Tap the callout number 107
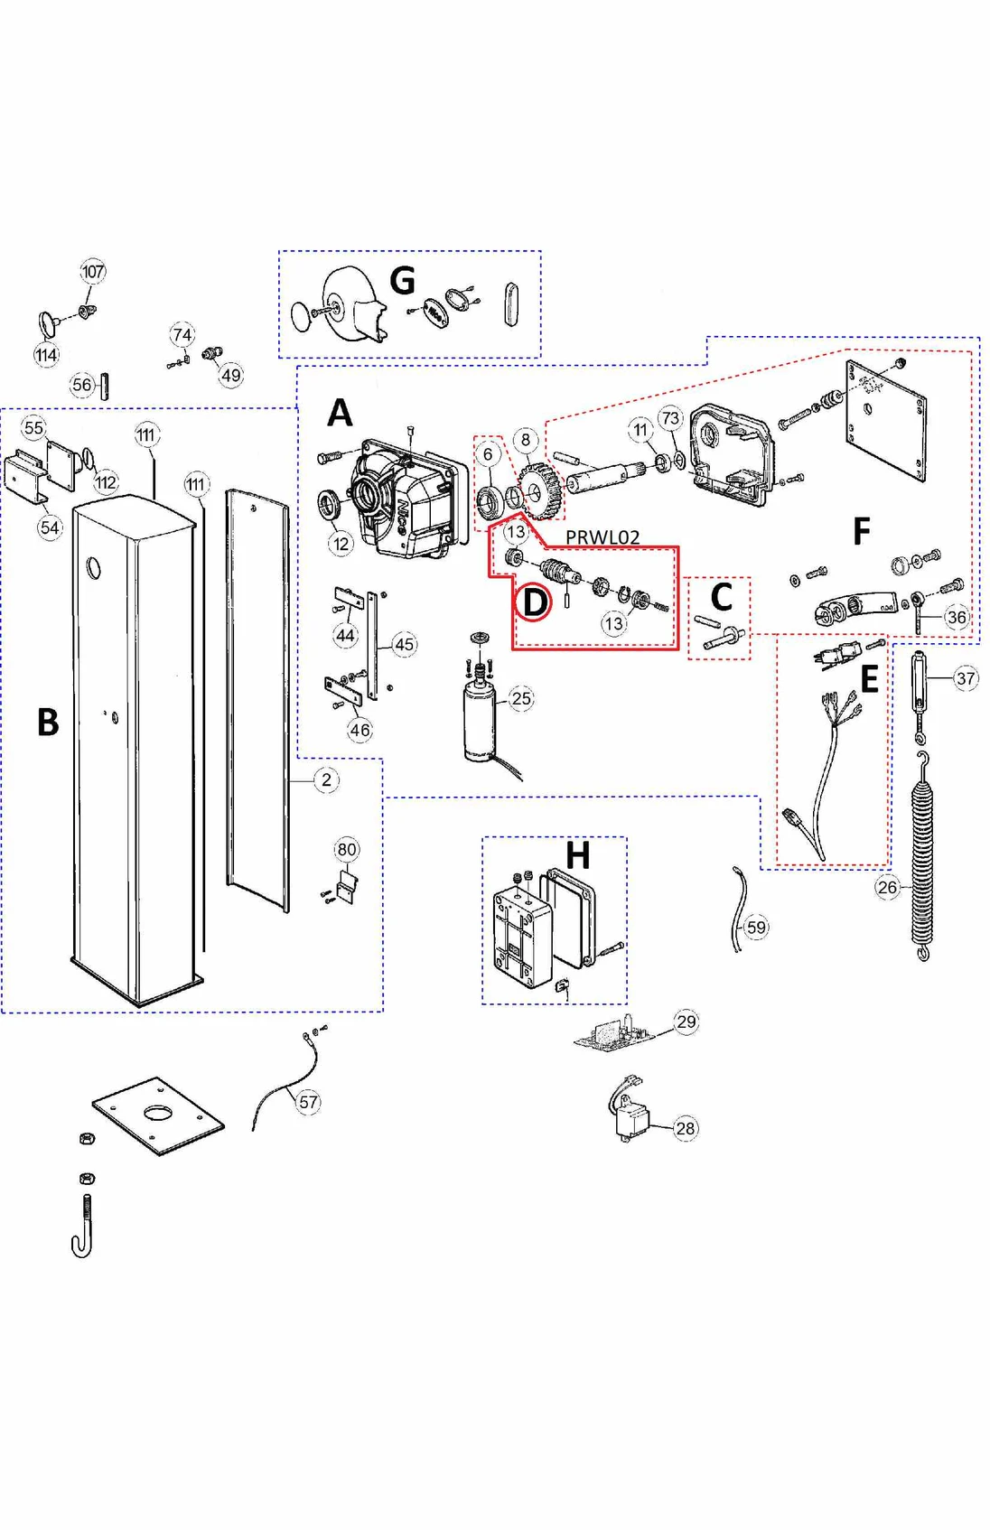click(x=93, y=271)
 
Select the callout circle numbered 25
click(x=521, y=698)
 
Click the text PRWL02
click(x=602, y=537)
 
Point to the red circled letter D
click(x=535, y=602)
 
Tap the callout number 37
click(x=966, y=678)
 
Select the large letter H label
click(x=577, y=854)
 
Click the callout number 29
click(x=686, y=1022)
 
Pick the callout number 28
click(x=686, y=1128)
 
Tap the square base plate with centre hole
click(x=158, y=1115)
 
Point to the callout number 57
click(x=308, y=1102)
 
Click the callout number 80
click(x=347, y=849)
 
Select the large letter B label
click(x=48, y=723)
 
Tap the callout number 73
click(x=670, y=418)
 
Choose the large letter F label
click(x=862, y=531)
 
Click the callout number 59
click(x=756, y=927)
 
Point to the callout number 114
click(x=46, y=355)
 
